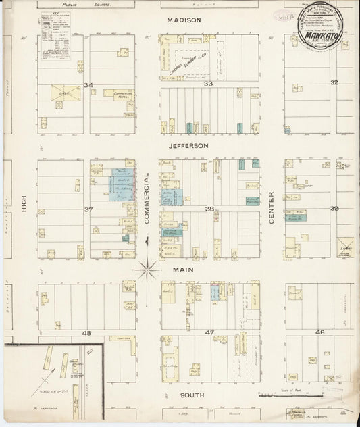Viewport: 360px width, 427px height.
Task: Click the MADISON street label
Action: click(184, 20)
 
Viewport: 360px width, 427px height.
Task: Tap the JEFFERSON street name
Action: click(188, 145)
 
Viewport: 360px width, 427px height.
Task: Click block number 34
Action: click(87, 84)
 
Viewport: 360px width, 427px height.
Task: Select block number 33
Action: click(209, 84)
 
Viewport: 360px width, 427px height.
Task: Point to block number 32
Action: click(334, 82)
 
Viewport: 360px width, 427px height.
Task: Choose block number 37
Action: click(87, 209)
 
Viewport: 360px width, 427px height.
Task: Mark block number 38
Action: click(210, 209)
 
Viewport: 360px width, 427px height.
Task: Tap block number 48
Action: click(86, 333)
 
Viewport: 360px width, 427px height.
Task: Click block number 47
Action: click(209, 333)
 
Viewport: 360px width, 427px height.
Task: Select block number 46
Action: click(319, 332)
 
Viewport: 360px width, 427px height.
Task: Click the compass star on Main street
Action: click(147, 270)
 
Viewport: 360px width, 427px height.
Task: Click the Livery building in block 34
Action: click(65, 93)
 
